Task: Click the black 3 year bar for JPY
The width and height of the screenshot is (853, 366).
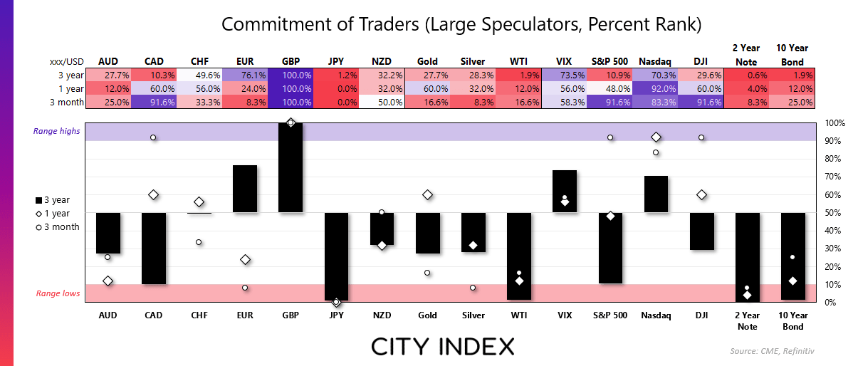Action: tap(336, 256)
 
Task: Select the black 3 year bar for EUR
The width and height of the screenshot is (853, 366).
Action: tap(245, 189)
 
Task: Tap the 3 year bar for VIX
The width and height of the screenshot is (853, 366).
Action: tap(565, 192)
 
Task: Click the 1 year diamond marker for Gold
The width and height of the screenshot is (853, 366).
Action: tap(428, 194)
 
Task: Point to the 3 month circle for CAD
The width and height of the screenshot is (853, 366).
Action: tap(153, 137)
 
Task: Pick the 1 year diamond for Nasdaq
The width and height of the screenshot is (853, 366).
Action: tap(656, 137)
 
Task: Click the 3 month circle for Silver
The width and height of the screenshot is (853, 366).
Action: tap(473, 288)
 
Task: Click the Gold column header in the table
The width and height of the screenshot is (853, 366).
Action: tap(428, 61)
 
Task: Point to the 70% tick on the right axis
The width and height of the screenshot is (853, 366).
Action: tap(834, 177)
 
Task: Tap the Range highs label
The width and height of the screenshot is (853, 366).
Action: tap(56, 131)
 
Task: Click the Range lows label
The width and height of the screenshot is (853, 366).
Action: tap(58, 293)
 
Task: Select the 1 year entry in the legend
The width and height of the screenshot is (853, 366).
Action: tap(51, 213)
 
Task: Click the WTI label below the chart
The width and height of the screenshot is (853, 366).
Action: tap(519, 315)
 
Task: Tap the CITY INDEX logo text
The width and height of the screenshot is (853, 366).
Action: tap(442, 346)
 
